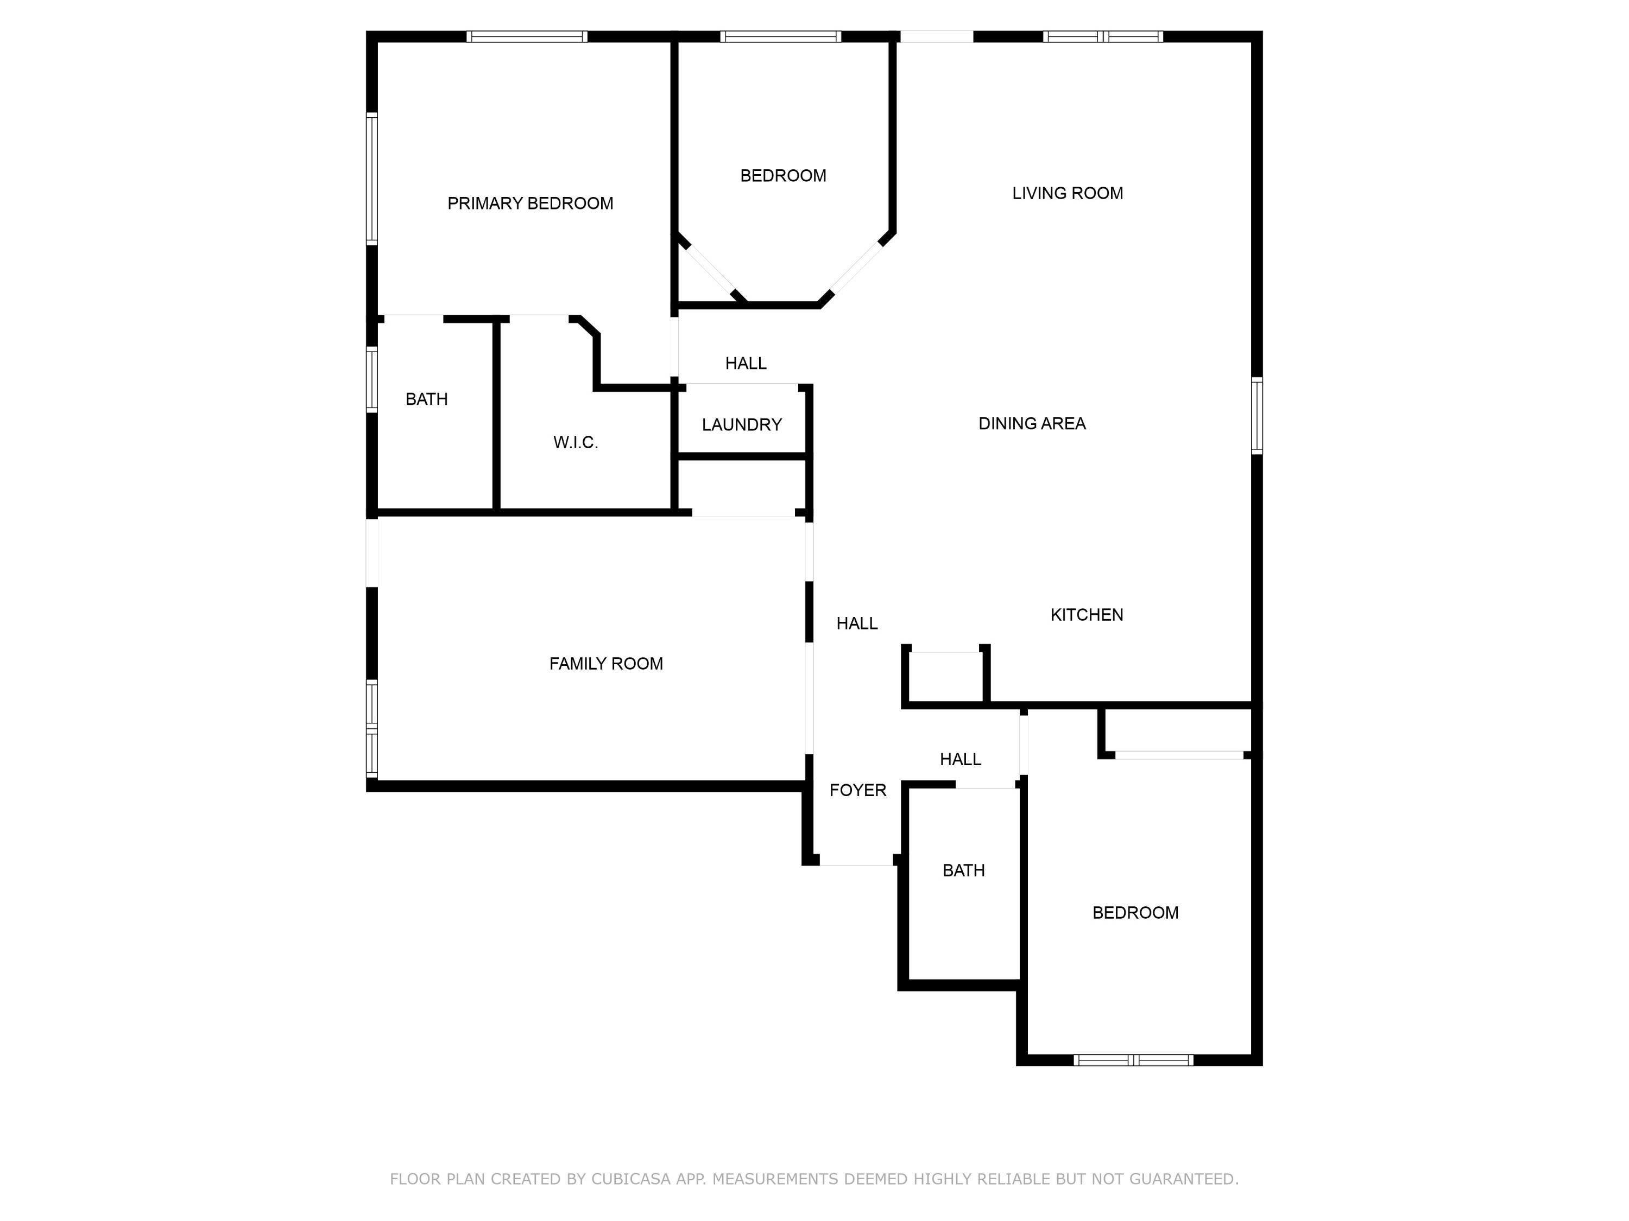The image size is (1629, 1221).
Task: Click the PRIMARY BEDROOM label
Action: coord(530,203)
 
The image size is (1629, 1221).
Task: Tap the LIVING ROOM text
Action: coord(1067,193)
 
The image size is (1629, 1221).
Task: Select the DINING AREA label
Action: coord(1032,423)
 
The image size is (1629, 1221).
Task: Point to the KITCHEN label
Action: coord(1086,614)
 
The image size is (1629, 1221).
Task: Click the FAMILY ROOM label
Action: coord(605,664)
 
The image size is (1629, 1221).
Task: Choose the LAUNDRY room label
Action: coord(742,425)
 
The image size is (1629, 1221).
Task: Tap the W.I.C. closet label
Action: coord(575,442)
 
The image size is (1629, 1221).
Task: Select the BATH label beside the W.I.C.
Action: coord(426,399)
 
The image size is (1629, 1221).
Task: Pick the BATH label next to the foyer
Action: coord(963,870)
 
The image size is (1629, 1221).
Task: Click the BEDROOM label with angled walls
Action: coord(783,176)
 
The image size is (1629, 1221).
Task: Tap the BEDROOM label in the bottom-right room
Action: coord(1135,913)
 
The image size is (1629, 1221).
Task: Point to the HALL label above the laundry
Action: coord(746,363)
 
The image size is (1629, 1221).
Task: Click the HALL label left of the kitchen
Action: coord(856,624)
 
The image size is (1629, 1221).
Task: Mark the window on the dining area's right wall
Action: coord(1257,416)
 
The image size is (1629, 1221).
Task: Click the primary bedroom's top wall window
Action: coord(527,36)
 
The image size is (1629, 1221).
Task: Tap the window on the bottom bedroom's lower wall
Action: coord(1133,1060)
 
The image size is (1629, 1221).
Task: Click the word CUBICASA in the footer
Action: coord(631,1179)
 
